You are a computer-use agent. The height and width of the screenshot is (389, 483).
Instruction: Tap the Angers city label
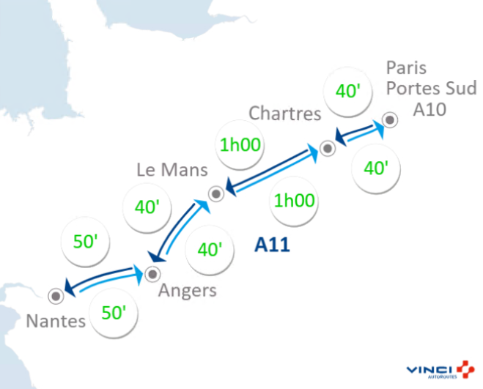tap(188, 290)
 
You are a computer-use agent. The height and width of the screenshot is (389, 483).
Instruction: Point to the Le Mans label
tap(173, 170)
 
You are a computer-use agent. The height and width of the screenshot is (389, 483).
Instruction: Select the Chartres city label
tap(285, 114)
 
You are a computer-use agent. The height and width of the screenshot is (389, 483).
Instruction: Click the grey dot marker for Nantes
tap(54, 296)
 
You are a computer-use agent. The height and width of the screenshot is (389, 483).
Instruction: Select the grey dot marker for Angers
tap(152, 274)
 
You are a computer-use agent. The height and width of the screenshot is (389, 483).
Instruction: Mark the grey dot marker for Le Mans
tap(215, 194)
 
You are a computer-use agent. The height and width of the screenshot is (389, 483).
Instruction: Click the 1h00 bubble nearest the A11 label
tap(295, 200)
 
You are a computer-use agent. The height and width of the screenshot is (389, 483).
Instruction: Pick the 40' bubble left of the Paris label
tap(347, 92)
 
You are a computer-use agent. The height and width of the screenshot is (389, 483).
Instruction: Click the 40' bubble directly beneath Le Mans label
tap(148, 207)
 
